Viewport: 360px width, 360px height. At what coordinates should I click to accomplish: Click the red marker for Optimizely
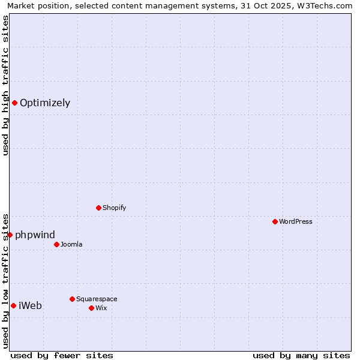coord(14,103)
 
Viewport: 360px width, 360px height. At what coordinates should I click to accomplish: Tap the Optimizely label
coord(45,103)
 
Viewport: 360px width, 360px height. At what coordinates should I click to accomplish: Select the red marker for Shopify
coord(98,208)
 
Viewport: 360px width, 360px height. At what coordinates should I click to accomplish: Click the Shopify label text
coord(114,208)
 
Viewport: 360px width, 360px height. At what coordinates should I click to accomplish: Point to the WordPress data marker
coord(275,221)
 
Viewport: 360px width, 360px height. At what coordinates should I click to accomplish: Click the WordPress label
coord(295,221)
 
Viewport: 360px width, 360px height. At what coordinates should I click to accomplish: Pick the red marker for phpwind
coord(10,235)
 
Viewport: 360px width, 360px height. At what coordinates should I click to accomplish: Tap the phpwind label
coord(35,235)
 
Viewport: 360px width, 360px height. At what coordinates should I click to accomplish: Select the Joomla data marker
coord(56,244)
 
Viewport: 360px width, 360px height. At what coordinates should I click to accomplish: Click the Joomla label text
coord(71,244)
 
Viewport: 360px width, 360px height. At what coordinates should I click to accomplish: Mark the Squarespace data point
coord(72,299)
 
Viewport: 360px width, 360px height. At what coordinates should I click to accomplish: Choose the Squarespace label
coord(97,299)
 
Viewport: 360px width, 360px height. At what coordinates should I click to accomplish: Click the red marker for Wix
coord(91,308)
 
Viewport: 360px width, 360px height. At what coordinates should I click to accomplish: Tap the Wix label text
coord(101,308)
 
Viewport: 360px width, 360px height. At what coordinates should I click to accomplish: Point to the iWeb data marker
coord(13,305)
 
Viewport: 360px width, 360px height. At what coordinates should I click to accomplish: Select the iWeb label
coord(30,305)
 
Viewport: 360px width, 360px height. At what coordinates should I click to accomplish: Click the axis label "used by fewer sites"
coord(62,355)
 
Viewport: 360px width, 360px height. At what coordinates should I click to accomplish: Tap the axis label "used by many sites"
coord(301,355)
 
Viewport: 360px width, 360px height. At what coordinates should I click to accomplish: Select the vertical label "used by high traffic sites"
coord(5,85)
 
